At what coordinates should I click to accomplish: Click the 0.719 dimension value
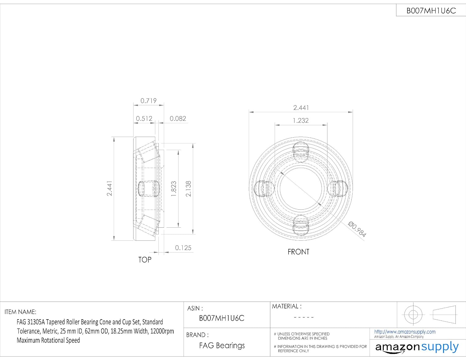point(148,101)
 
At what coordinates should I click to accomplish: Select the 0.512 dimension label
point(144,118)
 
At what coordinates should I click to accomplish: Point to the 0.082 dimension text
point(178,118)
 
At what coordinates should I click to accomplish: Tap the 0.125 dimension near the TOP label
point(183,248)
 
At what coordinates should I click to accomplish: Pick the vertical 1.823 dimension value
point(173,189)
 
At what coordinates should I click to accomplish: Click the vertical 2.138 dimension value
point(188,189)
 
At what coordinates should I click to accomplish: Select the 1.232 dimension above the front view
point(301,121)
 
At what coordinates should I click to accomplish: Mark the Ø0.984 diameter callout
point(357,229)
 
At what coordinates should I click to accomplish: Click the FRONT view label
point(298,252)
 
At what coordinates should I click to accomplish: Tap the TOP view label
point(145,260)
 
